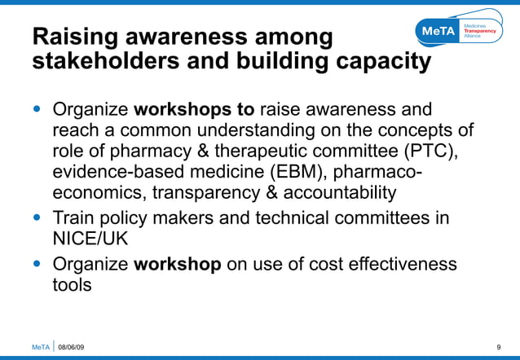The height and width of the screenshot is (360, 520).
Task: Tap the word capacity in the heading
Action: [381, 62]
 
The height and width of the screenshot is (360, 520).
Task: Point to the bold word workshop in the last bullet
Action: [177, 265]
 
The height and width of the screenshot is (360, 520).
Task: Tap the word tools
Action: [72, 286]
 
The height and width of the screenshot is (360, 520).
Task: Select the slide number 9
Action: [498, 348]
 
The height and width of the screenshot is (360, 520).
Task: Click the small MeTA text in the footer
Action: [40, 348]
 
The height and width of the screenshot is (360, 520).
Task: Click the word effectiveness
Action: [388, 265]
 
